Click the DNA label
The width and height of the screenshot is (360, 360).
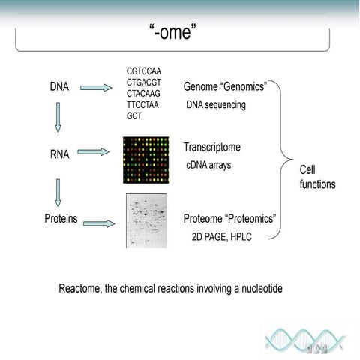pyautogui.click(x=59, y=87)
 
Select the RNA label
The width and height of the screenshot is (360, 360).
pyautogui.click(x=59, y=155)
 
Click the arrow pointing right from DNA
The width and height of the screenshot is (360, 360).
pyautogui.click(x=96, y=88)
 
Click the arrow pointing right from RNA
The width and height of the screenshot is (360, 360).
pyautogui.click(x=93, y=152)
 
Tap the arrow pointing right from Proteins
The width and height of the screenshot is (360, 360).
pyautogui.click(x=99, y=223)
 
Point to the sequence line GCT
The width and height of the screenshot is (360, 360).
pyautogui.click(x=133, y=116)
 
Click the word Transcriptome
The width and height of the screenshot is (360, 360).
pyautogui.click(x=211, y=148)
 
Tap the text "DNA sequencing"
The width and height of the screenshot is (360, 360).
pyautogui.click(x=215, y=105)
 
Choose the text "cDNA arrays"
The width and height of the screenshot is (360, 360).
pyautogui.click(x=208, y=165)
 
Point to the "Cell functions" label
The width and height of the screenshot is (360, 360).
pyautogui.click(x=317, y=177)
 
